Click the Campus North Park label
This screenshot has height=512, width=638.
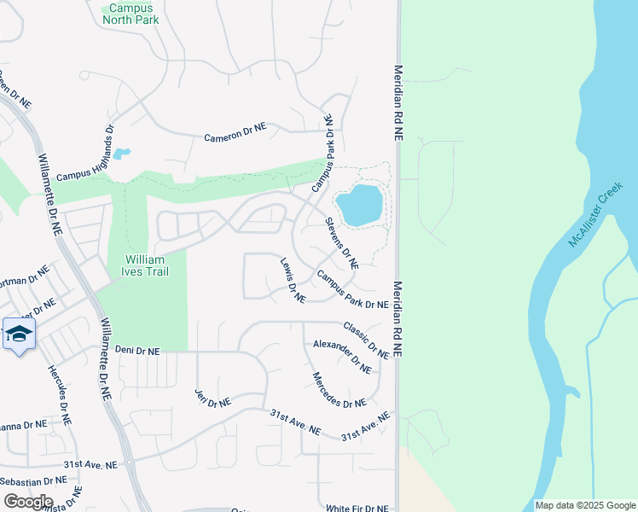point(130,14)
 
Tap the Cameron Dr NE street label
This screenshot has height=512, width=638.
point(235,132)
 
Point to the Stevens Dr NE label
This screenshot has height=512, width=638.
point(340,241)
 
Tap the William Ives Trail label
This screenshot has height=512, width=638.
point(147,265)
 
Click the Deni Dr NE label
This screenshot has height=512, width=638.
point(137,351)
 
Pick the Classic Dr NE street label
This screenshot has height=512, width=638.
point(366,340)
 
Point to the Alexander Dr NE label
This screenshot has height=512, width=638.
point(342,357)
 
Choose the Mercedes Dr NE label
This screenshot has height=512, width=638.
point(339,390)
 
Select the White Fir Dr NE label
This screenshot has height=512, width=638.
point(357,508)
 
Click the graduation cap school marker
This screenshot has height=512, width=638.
point(19,334)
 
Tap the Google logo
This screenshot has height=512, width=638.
point(28,502)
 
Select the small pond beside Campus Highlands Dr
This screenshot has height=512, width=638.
point(122,154)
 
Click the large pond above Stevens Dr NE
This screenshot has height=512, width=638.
point(358,205)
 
